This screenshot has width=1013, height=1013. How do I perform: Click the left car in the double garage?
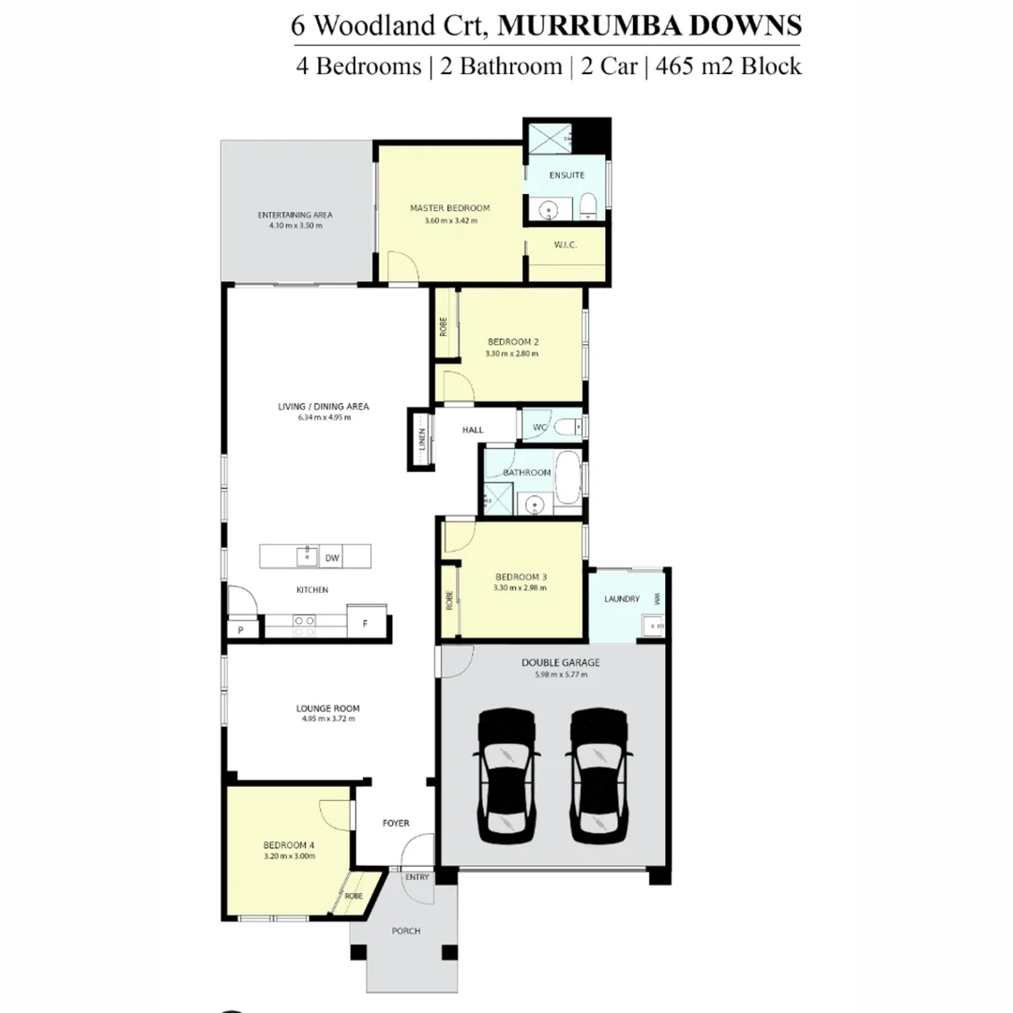point(507,774)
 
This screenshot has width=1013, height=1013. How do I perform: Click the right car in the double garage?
point(598,774)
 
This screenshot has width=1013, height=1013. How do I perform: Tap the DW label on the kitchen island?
point(331,558)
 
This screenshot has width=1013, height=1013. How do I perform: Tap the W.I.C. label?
point(566,245)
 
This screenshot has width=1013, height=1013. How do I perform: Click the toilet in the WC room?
point(566,428)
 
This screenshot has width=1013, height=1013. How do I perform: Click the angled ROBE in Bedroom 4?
point(355,895)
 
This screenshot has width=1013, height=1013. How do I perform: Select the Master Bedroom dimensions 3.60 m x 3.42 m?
point(449,221)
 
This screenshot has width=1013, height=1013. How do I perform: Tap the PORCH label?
point(405,930)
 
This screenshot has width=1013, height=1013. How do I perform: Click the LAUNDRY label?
point(622,598)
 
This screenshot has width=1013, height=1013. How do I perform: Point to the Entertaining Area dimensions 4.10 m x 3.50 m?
point(295,226)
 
